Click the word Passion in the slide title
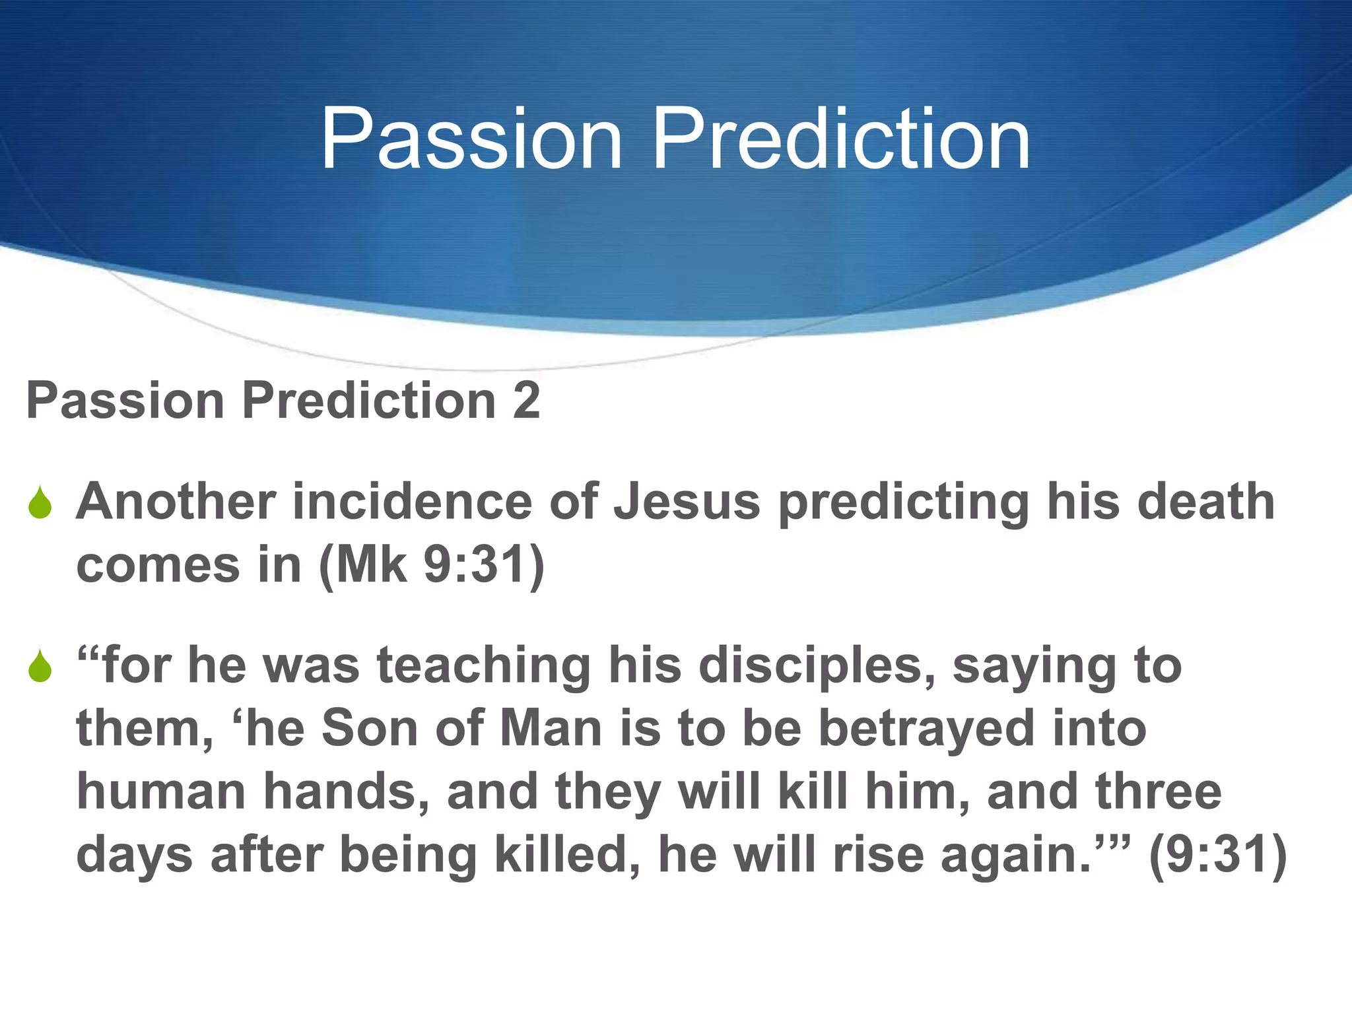[x=471, y=140]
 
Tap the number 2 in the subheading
[x=526, y=401]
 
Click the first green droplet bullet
[x=40, y=503]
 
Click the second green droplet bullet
[x=40, y=666]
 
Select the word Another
[x=176, y=502]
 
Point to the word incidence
[x=412, y=502]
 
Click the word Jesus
[x=687, y=502]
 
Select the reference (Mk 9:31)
[x=432, y=565]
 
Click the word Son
[x=370, y=729]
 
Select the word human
[x=161, y=792]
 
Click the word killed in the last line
[x=567, y=856]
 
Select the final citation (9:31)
[x=1218, y=856]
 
